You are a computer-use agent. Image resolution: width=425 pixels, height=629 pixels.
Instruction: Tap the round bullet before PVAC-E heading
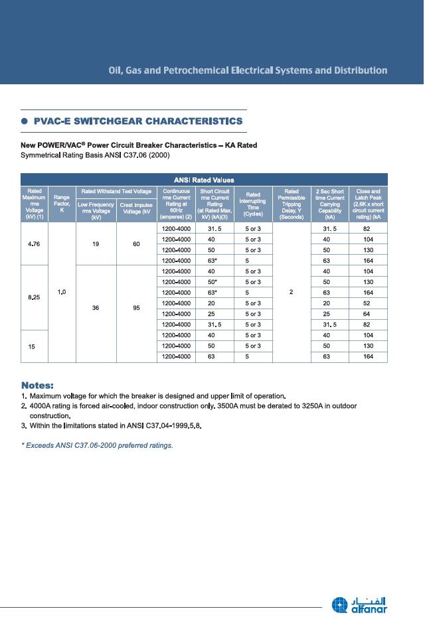pyautogui.click(x=25, y=121)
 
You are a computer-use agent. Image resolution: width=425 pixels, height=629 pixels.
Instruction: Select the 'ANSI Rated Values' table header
pyautogui.click(x=205, y=179)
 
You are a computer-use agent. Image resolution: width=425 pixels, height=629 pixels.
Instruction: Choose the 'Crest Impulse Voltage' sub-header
pyautogui.click(x=136, y=210)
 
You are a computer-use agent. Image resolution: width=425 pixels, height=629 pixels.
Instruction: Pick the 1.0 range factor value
pyautogui.click(x=62, y=292)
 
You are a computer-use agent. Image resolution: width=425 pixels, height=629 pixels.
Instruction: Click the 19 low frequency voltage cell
pyautogui.click(x=97, y=244)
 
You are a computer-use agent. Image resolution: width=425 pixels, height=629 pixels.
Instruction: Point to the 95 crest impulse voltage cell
pyautogui.click(x=136, y=308)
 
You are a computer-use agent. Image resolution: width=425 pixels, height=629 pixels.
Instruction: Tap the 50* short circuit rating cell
pyautogui.click(x=212, y=281)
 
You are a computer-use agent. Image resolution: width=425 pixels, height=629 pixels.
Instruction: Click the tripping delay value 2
pyautogui.click(x=292, y=292)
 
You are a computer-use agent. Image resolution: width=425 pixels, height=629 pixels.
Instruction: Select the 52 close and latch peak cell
pyautogui.click(x=368, y=303)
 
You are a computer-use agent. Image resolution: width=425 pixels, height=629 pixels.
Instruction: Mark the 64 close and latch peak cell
pyautogui.click(x=368, y=313)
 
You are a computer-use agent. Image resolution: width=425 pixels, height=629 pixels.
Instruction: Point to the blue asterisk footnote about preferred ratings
pyautogui.click(x=97, y=445)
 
